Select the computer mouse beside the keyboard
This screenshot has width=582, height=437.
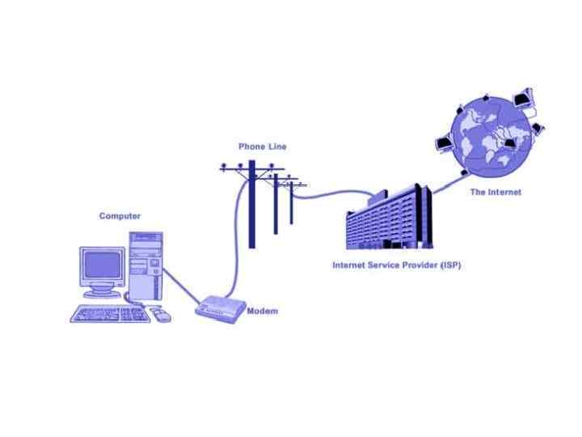pos(160,315)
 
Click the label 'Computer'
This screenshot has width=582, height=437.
pos(120,216)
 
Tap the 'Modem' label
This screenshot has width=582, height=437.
pos(263,312)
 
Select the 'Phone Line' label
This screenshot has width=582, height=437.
pos(262,146)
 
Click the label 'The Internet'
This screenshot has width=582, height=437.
pos(496,193)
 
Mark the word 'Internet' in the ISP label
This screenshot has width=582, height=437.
pos(351,265)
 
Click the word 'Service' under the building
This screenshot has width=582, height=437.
pos(385,265)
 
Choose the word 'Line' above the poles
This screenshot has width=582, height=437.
pos(276,146)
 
